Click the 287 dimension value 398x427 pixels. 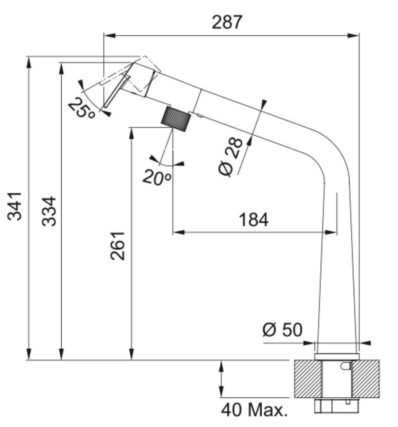click(x=227, y=22)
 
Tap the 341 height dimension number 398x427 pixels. click(x=14, y=206)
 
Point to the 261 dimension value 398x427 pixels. click(x=118, y=246)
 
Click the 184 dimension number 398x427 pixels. click(x=253, y=220)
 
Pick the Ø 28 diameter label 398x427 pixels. click(x=230, y=156)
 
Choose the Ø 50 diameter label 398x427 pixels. click(x=283, y=330)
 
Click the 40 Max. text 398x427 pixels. click(x=254, y=410)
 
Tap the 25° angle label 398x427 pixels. click(x=81, y=108)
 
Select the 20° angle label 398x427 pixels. click(x=157, y=177)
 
